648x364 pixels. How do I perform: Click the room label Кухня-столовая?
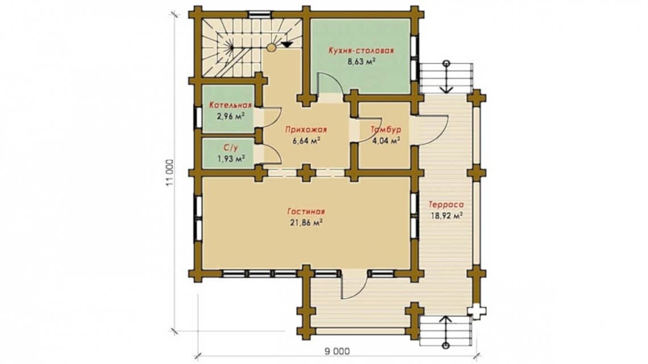[x=361, y=51]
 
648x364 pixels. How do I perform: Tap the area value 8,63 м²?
[x=361, y=62]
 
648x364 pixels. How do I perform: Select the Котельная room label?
[x=230, y=105]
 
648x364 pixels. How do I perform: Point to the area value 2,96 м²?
[x=230, y=116]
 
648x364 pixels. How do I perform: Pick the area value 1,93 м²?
[x=231, y=159]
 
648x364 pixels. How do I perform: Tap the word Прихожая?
[x=306, y=130]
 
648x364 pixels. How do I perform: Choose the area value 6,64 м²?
[x=306, y=141]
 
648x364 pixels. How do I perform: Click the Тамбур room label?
[x=385, y=130]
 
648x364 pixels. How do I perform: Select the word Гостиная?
[x=306, y=212]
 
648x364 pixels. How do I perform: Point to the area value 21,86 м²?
[x=306, y=222]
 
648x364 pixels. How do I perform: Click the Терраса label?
[x=446, y=204]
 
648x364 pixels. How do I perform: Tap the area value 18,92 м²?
[x=446, y=216]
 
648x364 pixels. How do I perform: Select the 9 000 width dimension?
[x=337, y=351]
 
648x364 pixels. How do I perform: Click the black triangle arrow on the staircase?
[x=286, y=44]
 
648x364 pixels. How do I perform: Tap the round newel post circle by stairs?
[x=271, y=48]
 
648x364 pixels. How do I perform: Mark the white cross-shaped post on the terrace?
[x=476, y=312]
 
